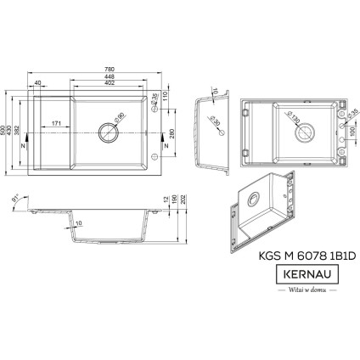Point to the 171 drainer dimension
54,125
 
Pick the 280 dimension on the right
172,133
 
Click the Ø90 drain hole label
120,115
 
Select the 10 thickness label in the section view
78,223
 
